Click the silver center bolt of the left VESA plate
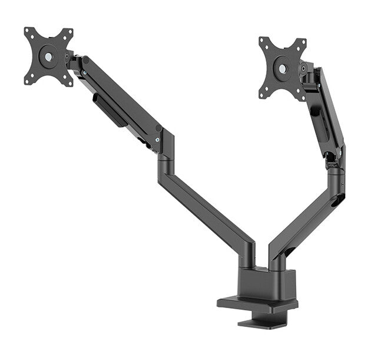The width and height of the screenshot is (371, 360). [48, 57]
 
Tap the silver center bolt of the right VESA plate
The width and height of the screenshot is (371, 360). [283, 69]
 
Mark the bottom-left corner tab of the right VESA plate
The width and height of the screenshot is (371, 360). [263, 94]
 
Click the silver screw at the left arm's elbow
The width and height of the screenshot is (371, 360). [157, 139]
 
